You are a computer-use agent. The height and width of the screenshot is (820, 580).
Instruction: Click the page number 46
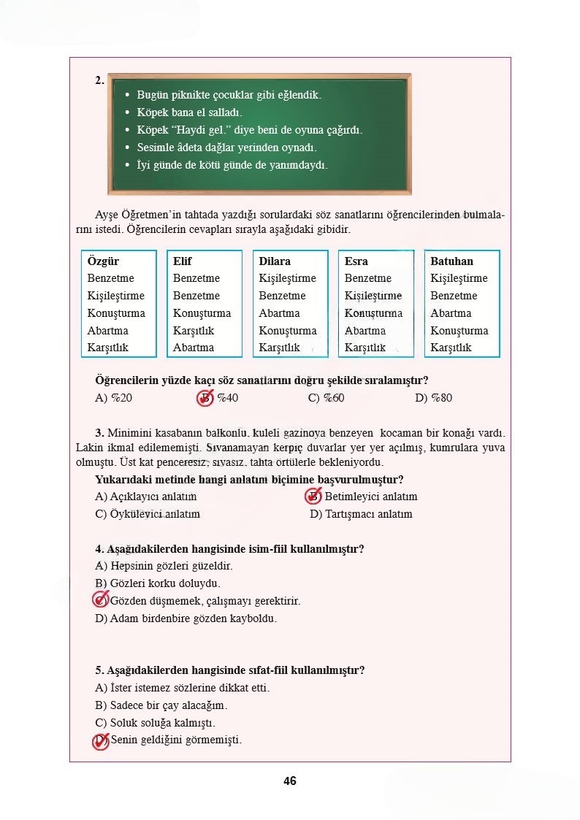(x=290, y=781)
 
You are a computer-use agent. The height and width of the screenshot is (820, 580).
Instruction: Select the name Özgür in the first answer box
(x=103, y=261)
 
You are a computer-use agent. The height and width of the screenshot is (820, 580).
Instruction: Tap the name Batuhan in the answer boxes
(x=451, y=261)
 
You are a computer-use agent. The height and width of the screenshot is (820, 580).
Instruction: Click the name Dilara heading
(x=275, y=261)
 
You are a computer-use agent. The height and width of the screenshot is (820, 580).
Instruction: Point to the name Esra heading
(x=356, y=261)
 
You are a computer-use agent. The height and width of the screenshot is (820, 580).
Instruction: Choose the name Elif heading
(x=183, y=261)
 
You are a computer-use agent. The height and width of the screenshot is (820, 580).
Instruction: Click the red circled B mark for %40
(x=205, y=398)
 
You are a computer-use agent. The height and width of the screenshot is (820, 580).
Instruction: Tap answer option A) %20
(x=113, y=398)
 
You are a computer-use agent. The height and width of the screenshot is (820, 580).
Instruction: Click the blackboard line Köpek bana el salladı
(x=189, y=112)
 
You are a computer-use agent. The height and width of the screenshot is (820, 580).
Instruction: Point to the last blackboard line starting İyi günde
(x=232, y=165)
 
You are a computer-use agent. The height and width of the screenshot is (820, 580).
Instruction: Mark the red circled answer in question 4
(x=101, y=600)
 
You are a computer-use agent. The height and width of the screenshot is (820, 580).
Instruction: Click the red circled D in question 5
(x=101, y=740)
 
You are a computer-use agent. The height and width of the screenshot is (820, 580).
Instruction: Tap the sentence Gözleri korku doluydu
(x=158, y=583)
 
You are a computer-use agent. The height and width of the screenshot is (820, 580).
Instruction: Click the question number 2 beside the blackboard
(x=99, y=81)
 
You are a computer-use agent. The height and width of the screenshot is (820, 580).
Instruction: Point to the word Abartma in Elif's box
(x=194, y=348)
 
